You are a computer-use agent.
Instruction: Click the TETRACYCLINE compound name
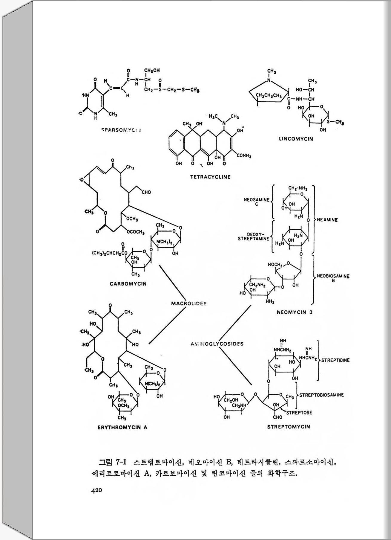click(x=210, y=177)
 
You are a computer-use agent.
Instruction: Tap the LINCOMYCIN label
click(x=296, y=139)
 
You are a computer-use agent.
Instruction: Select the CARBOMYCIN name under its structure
click(x=128, y=284)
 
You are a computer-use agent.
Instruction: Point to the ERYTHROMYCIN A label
click(x=122, y=427)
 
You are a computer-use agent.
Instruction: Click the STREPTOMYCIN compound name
click(x=289, y=427)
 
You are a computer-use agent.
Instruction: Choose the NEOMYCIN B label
click(x=295, y=312)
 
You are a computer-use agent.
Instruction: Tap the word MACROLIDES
click(x=189, y=303)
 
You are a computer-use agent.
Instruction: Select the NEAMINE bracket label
click(x=327, y=220)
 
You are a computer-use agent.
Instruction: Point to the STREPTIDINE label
click(x=335, y=360)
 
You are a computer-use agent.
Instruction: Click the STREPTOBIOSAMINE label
click(x=321, y=395)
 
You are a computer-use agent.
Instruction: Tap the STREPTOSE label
click(x=299, y=413)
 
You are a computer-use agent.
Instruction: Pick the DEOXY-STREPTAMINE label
click(x=253, y=237)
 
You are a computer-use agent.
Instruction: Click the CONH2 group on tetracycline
click(x=244, y=156)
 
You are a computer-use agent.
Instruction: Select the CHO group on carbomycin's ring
click(x=146, y=192)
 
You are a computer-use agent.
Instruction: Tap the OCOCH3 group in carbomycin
click(x=136, y=232)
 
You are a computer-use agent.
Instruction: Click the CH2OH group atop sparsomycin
click(x=152, y=71)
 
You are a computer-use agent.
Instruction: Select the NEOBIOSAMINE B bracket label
click(x=333, y=278)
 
